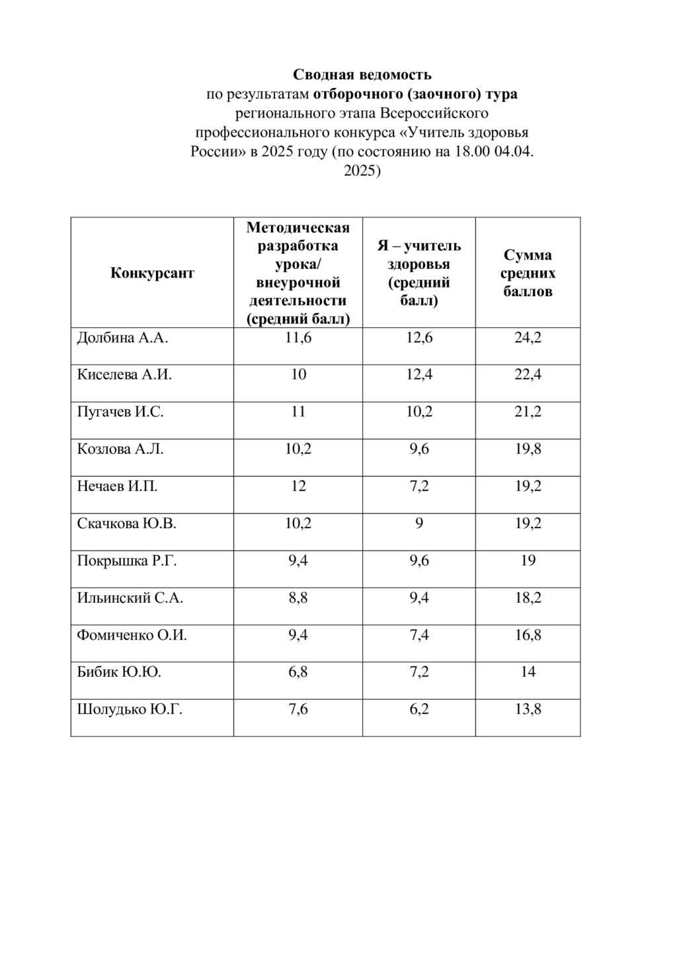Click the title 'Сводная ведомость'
coord(362,74)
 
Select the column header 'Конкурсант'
coord(152,273)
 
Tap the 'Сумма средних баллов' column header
coord(528,273)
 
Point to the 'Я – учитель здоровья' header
coord(418,273)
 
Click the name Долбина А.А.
coord(122,338)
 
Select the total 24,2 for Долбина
coord(528,338)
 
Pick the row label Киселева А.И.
coord(124,375)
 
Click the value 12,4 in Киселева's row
coord(418,375)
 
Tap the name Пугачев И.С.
coord(120,412)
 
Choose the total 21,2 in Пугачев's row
coord(528,412)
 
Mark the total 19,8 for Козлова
coord(528,449)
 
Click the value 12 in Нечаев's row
coord(298,486)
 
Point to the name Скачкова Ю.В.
coord(127,524)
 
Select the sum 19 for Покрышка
coord(528,561)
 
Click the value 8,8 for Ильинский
coord(298,598)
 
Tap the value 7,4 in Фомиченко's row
coord(418,635)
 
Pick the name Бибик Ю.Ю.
coord(119,673)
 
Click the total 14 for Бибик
coord(528,673)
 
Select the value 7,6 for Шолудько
coord(298,710)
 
